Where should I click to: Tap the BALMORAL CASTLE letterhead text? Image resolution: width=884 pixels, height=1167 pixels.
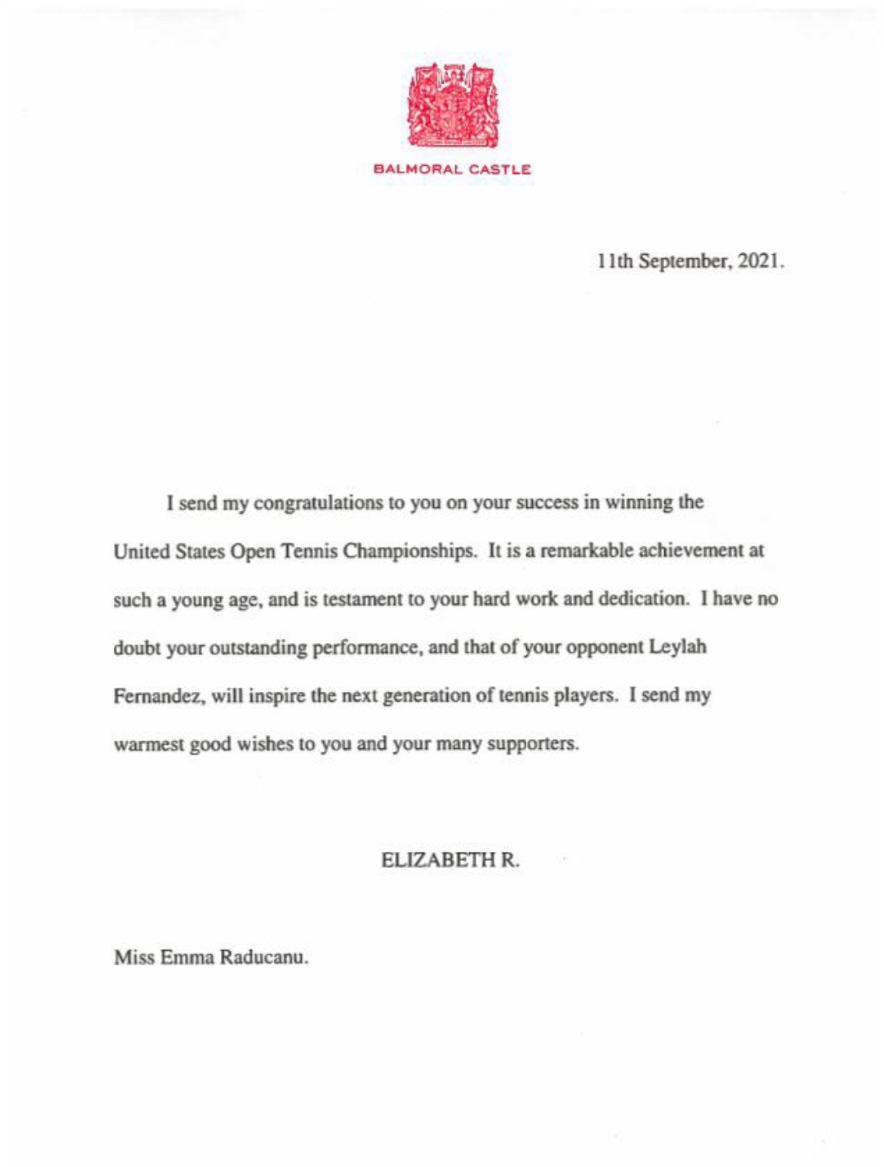452,170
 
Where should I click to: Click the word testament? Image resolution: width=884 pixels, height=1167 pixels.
363,600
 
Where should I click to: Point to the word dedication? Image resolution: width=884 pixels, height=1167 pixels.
641,599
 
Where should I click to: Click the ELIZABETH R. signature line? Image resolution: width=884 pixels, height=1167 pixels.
450,860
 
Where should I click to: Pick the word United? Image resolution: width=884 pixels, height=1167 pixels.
140,551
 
